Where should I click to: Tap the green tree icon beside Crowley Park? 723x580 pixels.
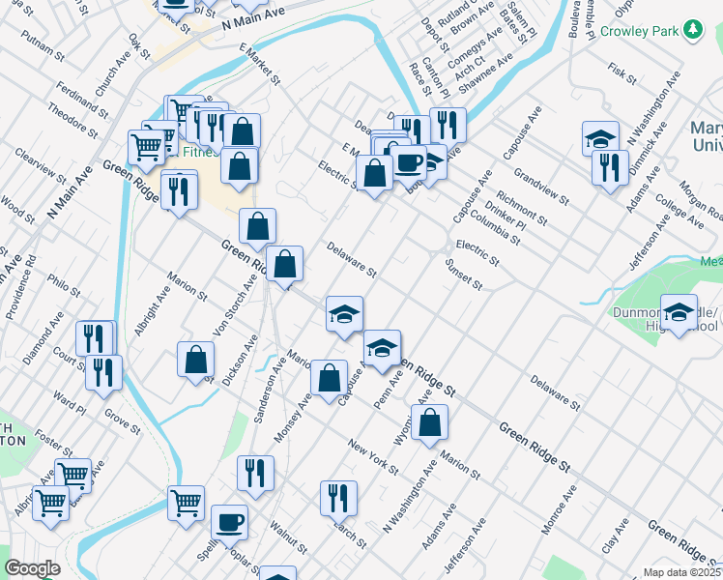click(x=692, y=30)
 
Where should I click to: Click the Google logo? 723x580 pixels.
click(x=32, y=568)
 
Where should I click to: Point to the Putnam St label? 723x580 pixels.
click(x=46, y=39)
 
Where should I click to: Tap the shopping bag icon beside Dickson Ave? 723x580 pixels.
click(x=196, y=360)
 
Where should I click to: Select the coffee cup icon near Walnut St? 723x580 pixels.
click(x=229, y=522)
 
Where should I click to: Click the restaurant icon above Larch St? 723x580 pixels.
click(x=339, y=498)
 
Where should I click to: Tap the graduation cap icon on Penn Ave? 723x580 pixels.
click(x=383, y=347)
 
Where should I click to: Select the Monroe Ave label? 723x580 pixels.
click(x=560, y=503)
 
